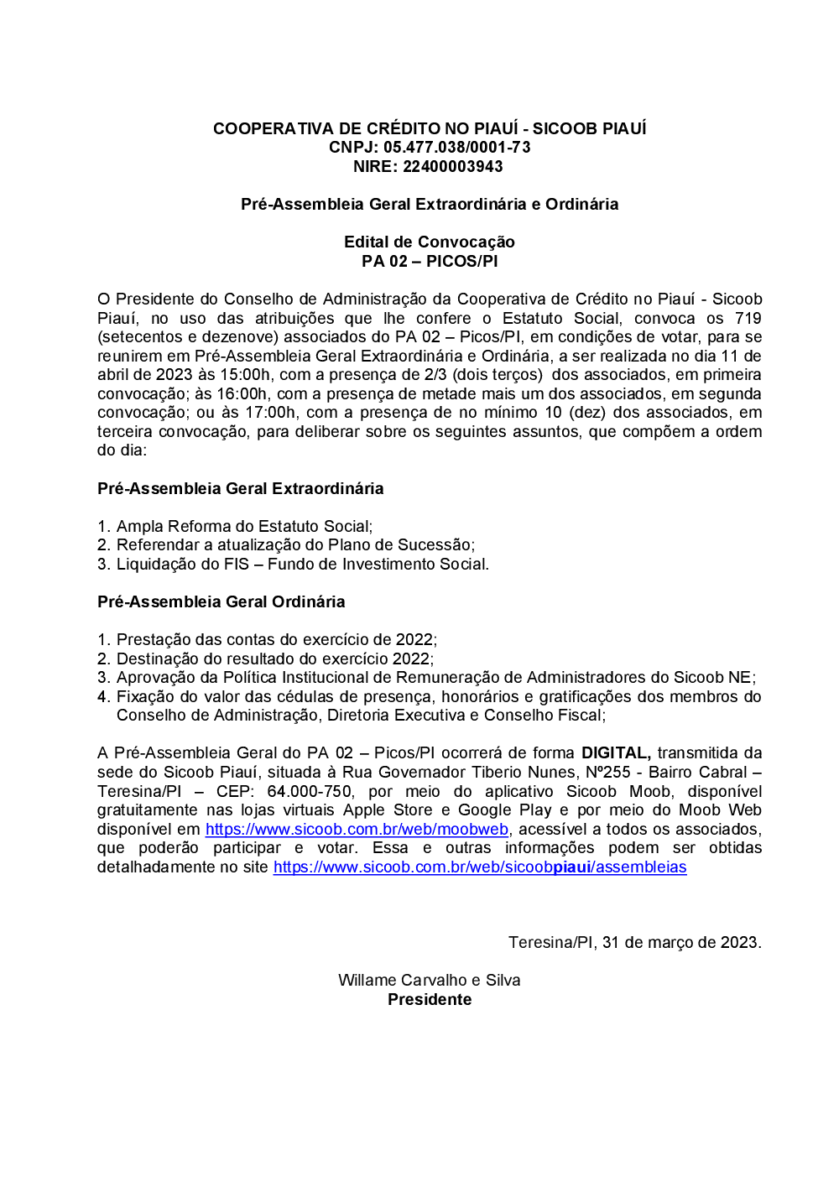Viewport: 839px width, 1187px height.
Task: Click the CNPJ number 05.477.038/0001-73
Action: click(457, 148)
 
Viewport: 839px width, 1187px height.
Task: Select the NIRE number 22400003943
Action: click(453, 166)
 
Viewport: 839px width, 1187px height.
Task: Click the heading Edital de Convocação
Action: click(429, 242)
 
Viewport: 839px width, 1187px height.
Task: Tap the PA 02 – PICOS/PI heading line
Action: click(429, 261)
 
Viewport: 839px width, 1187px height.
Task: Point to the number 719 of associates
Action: click(748, 318)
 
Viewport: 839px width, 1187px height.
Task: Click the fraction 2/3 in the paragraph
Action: click(440, 375)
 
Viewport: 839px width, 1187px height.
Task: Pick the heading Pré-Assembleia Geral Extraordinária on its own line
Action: click(240, 488)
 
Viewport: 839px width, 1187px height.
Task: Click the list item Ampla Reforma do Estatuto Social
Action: click(243, 526)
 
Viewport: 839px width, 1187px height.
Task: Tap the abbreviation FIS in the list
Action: click(237, 564)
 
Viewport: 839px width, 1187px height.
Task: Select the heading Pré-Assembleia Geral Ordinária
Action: click(221, 601)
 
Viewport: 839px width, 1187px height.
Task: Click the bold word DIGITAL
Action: click(616, 753)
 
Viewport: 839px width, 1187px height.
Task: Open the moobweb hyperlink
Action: click(357, 829)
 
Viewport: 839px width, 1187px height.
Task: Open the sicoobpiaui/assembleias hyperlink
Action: click(480, 867)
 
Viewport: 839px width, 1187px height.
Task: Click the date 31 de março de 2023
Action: click(681, 942)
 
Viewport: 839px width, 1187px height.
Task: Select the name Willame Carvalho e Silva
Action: click(429, 980)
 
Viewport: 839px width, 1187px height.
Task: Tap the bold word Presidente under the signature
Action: click(429, 999)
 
